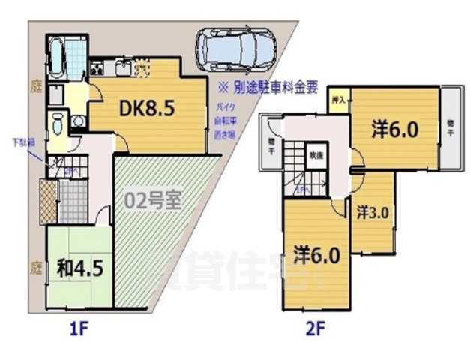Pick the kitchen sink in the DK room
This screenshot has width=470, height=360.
pos(122,69)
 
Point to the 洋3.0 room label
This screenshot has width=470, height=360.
pos(372,212)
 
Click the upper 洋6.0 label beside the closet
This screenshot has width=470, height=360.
pos(394,130)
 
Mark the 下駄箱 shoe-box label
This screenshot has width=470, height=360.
pos(22,142)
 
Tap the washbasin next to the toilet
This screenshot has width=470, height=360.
pos(77,121)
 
